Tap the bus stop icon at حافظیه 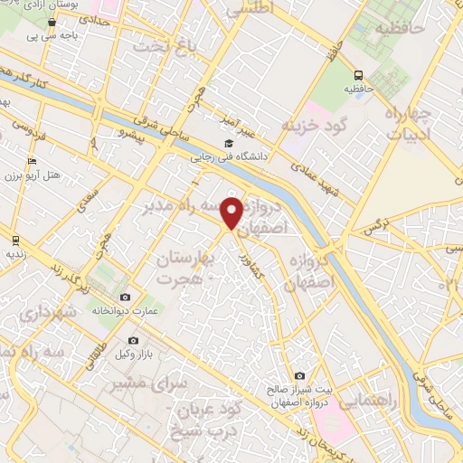click(360, 75)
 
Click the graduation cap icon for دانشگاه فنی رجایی click(228, 143)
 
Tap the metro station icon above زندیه click(15, 240)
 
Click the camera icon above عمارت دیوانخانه click(125, 297)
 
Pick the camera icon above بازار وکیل click(133, 339)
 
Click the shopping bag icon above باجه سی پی click(52, 22)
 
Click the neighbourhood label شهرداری click(40, 316)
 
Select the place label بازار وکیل click(107, 352)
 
